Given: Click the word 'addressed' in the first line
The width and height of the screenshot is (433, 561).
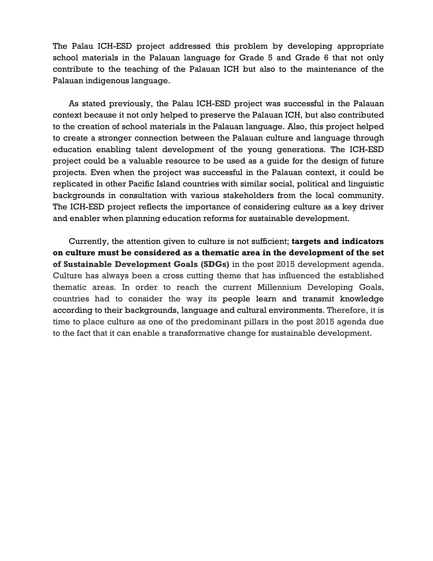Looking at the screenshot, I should (190, 46).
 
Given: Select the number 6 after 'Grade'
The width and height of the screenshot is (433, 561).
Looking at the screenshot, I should (326, 58).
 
